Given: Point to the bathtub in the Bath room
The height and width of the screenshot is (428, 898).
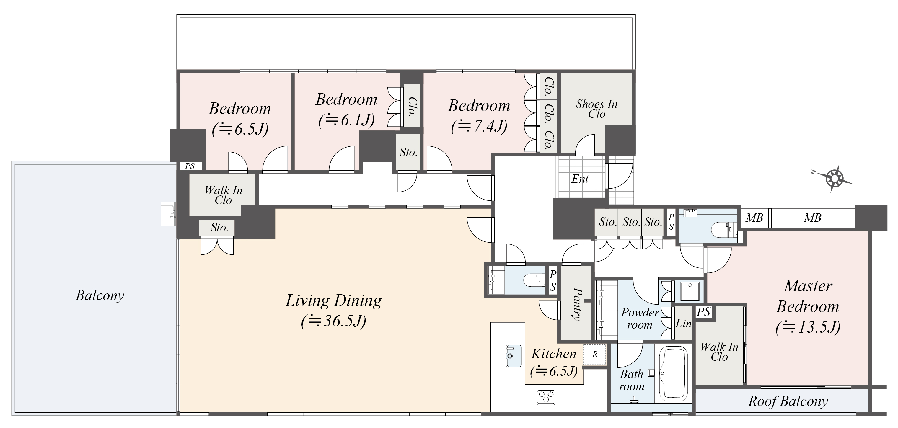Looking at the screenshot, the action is click(675, 374).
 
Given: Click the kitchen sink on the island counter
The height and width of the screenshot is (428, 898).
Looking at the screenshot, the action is click(514, 356).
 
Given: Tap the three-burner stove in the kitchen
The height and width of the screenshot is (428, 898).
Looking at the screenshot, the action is click(546, 397).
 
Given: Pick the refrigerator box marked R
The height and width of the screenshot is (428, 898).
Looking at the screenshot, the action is click(595, 354).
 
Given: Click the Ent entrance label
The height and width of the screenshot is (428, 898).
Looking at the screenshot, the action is click(580, 179).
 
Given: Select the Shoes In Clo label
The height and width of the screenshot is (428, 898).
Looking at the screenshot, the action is click(597, 109).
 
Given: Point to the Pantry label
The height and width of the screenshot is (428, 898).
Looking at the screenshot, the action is click(577, 304).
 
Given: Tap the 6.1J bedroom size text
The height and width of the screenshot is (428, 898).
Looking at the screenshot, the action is click(346, 120).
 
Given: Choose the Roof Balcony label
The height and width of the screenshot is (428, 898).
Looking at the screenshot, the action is click(788, 401).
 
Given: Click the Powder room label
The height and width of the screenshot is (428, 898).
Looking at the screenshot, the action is click(640, 318).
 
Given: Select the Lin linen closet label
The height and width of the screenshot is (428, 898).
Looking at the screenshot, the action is click(683, 324).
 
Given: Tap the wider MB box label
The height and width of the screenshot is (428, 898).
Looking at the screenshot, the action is click(813, 218).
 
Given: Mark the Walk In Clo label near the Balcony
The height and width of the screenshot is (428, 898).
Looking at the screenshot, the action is click(223, 195).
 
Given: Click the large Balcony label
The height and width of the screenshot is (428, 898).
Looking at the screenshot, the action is click(100, 295).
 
